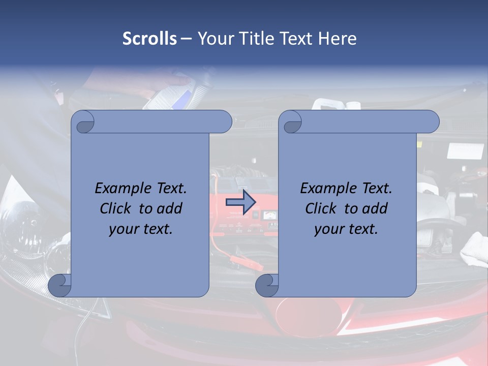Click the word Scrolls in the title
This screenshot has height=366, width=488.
click(x=149, y=38)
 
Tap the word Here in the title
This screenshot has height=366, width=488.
click(x=337, y=38)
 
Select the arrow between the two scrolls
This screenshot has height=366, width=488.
click(x=240, y=202)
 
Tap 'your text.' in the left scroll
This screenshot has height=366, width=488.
click(x=141, y=229)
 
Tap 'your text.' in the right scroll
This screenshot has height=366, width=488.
click(x=346, y=229)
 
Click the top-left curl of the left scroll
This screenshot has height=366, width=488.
click(x=83, y=123)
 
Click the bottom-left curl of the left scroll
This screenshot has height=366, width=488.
click(x=60, y=285)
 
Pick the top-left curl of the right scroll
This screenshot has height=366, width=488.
click(x=290, y=123)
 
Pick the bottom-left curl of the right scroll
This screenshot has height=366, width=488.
click(x=267, y=285)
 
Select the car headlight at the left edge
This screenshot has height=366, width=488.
click(x=20, y=224)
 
